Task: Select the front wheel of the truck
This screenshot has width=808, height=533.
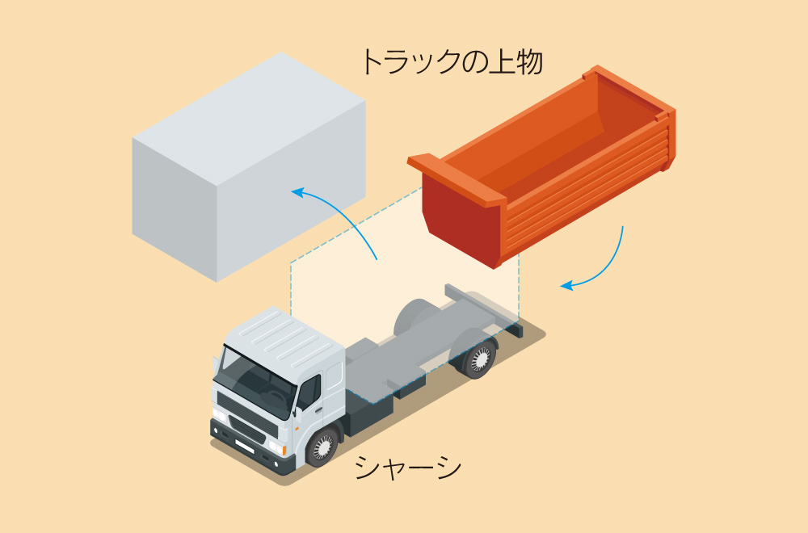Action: pyautogui.click(x=324, y=445)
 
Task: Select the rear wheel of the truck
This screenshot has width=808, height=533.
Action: pyautogui.click(x=480, y=358)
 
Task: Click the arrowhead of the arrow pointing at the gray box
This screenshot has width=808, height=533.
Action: pyautogui.click(x=297, y=192)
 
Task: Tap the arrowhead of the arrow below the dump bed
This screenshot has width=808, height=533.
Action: pyautogui.click(x=566, y=285)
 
